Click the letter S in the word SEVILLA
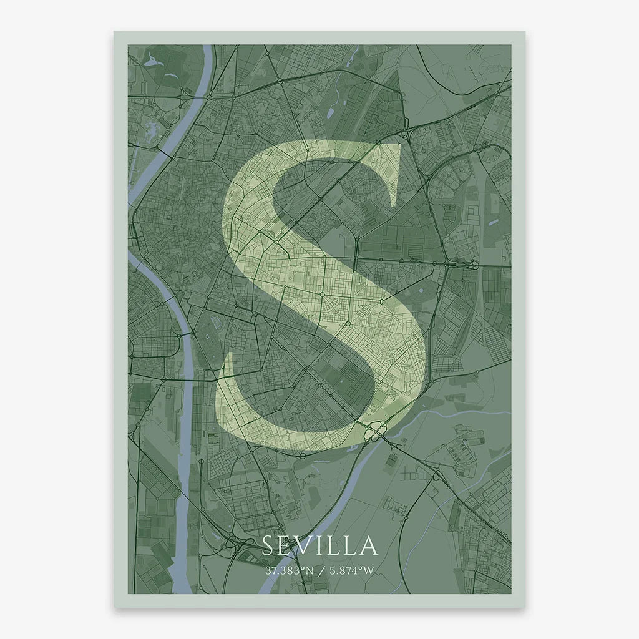tap(268, 545)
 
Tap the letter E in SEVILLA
tap(286, 545)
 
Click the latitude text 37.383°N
tap(288, 570)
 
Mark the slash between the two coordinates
tap(319, 570)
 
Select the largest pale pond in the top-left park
tap(153, 62)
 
